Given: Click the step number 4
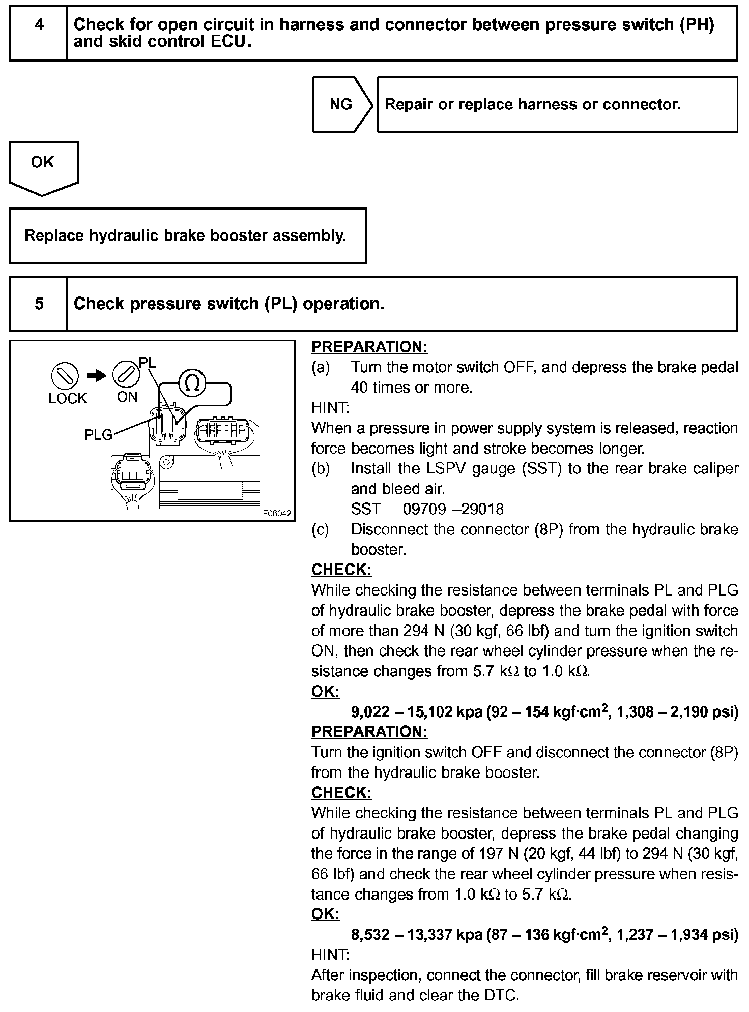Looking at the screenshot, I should coord(39,25).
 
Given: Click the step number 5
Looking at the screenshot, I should coord(39,304).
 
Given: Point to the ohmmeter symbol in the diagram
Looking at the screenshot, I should coord(192,382).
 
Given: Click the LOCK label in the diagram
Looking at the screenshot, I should coord(68,399).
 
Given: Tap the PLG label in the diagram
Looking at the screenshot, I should coord(98,435).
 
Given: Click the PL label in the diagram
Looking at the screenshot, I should coord(148,363).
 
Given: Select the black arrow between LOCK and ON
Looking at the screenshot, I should coord(96,376).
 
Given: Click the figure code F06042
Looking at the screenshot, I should coord(277,513).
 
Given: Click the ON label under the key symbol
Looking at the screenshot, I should coord(127,397).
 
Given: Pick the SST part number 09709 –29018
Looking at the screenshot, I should coord(453,509).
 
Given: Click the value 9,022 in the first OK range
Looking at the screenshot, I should coord(370,711).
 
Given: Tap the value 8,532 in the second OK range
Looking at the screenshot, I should coord(370,935).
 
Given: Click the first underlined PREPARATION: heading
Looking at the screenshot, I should coord(369,347).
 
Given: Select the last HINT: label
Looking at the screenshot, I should coord(330,955).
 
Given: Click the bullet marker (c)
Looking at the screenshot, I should coord(320,529).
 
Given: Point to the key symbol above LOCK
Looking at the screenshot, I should coord(65,377).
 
